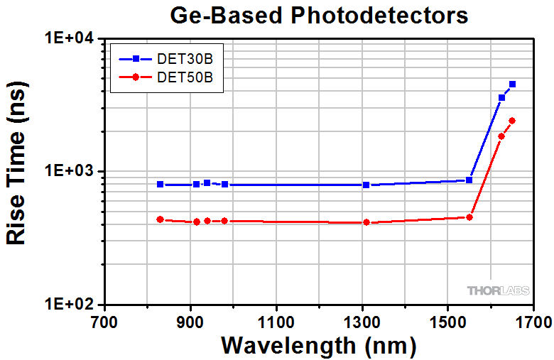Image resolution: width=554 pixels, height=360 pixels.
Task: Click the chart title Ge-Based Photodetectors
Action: point(319,15)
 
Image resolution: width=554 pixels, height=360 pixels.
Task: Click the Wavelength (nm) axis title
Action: point(318,345)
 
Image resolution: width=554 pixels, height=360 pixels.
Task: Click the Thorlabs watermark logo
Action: point(496,290)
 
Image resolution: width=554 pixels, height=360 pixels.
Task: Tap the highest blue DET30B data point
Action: point(512,84)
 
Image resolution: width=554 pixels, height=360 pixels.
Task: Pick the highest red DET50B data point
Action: point(512,121)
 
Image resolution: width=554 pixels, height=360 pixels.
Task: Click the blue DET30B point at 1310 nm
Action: point(366,185)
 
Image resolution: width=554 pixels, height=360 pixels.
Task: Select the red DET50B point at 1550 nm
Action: point(469,217)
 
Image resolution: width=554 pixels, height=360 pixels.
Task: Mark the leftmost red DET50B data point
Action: point(161,219)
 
